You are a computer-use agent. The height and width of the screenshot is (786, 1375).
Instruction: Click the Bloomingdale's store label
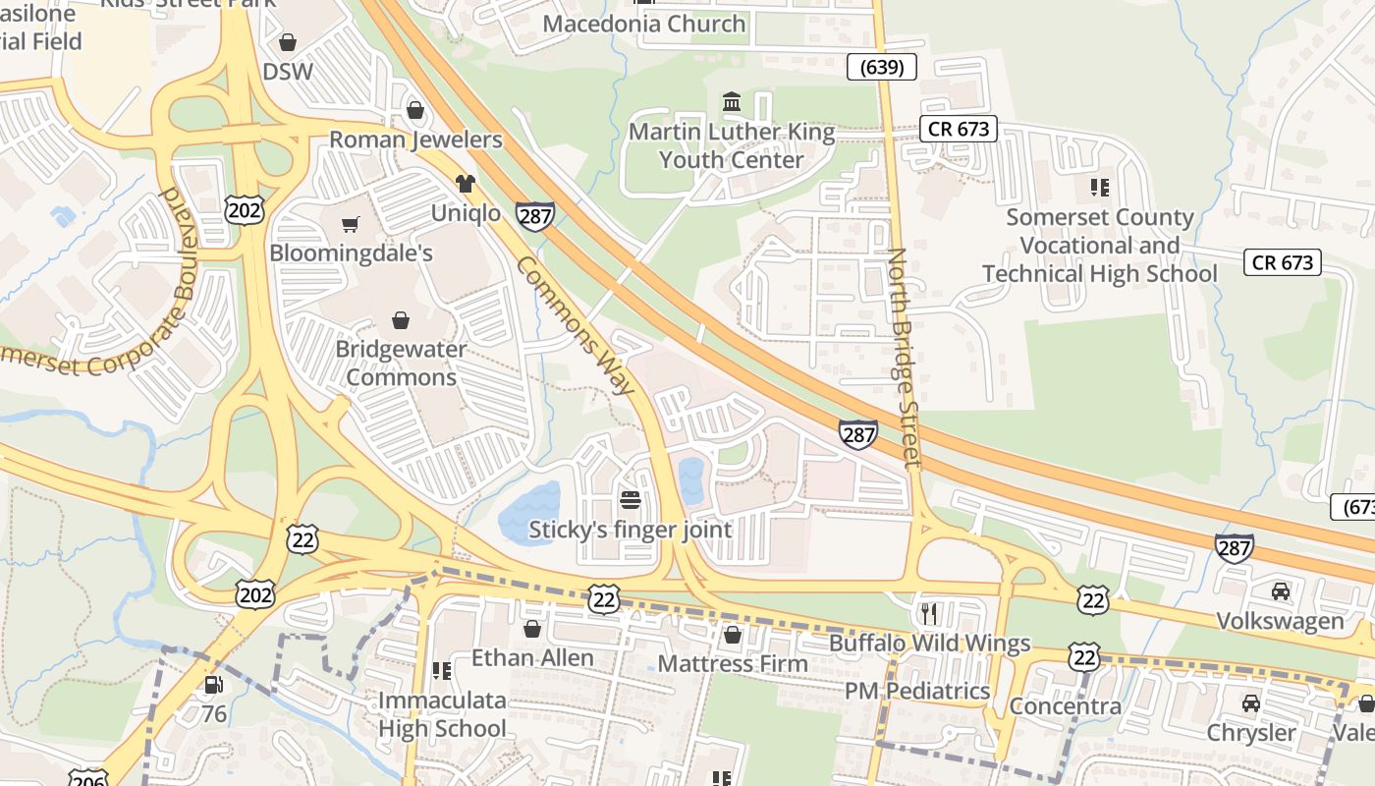(351, 253)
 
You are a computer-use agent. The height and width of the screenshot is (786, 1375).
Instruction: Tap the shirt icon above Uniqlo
(465, 184)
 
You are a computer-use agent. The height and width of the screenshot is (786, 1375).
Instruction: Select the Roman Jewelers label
(415, 140)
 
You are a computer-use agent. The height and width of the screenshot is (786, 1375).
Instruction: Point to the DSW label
(288, 72)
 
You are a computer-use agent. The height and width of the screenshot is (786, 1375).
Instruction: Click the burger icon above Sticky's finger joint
(630, 500)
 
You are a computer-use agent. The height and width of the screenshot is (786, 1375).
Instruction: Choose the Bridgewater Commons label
(401, 363)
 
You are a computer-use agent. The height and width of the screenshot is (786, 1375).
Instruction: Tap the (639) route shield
(881, 67)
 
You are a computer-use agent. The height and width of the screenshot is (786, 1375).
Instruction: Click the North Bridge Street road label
(905, 357)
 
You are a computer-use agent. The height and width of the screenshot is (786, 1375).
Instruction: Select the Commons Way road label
(577, 325)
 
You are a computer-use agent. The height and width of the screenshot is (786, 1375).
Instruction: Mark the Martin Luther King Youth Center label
(732, 145)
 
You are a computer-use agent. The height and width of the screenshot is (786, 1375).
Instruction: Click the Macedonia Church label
(644, 24)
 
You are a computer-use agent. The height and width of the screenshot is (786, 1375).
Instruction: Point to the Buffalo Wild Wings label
(929, 644)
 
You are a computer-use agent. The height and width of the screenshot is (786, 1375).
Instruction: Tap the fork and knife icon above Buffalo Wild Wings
(928, 614)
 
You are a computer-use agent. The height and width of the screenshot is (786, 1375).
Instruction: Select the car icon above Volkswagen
(1280, 591)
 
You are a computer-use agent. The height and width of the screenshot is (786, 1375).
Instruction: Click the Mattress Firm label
(733, 663)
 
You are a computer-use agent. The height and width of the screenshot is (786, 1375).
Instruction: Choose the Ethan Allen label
(532, 657)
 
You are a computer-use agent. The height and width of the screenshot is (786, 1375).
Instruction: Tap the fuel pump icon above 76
(213, 685)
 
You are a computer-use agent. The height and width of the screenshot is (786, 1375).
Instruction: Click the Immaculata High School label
(442, 714)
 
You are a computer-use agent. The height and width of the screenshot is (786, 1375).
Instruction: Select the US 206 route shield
(88, 778)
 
